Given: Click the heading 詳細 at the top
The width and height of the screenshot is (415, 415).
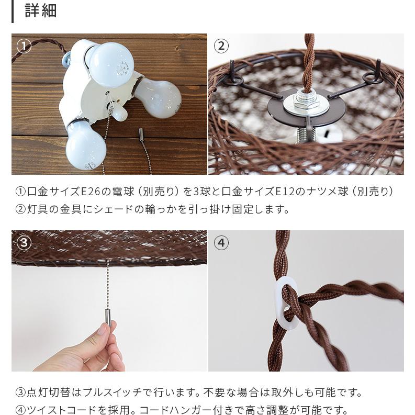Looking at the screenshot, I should [x=40, y=11].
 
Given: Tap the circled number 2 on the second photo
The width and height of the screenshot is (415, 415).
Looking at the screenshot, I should [x=221, y=46].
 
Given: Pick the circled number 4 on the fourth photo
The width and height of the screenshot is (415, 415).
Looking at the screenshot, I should [x=221, y=242].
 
